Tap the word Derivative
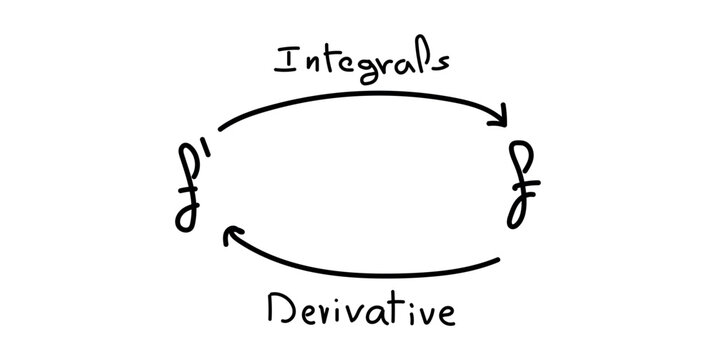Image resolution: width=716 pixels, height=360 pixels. tap(362, 309)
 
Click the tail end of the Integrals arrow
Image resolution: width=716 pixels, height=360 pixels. tap(219, 128)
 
